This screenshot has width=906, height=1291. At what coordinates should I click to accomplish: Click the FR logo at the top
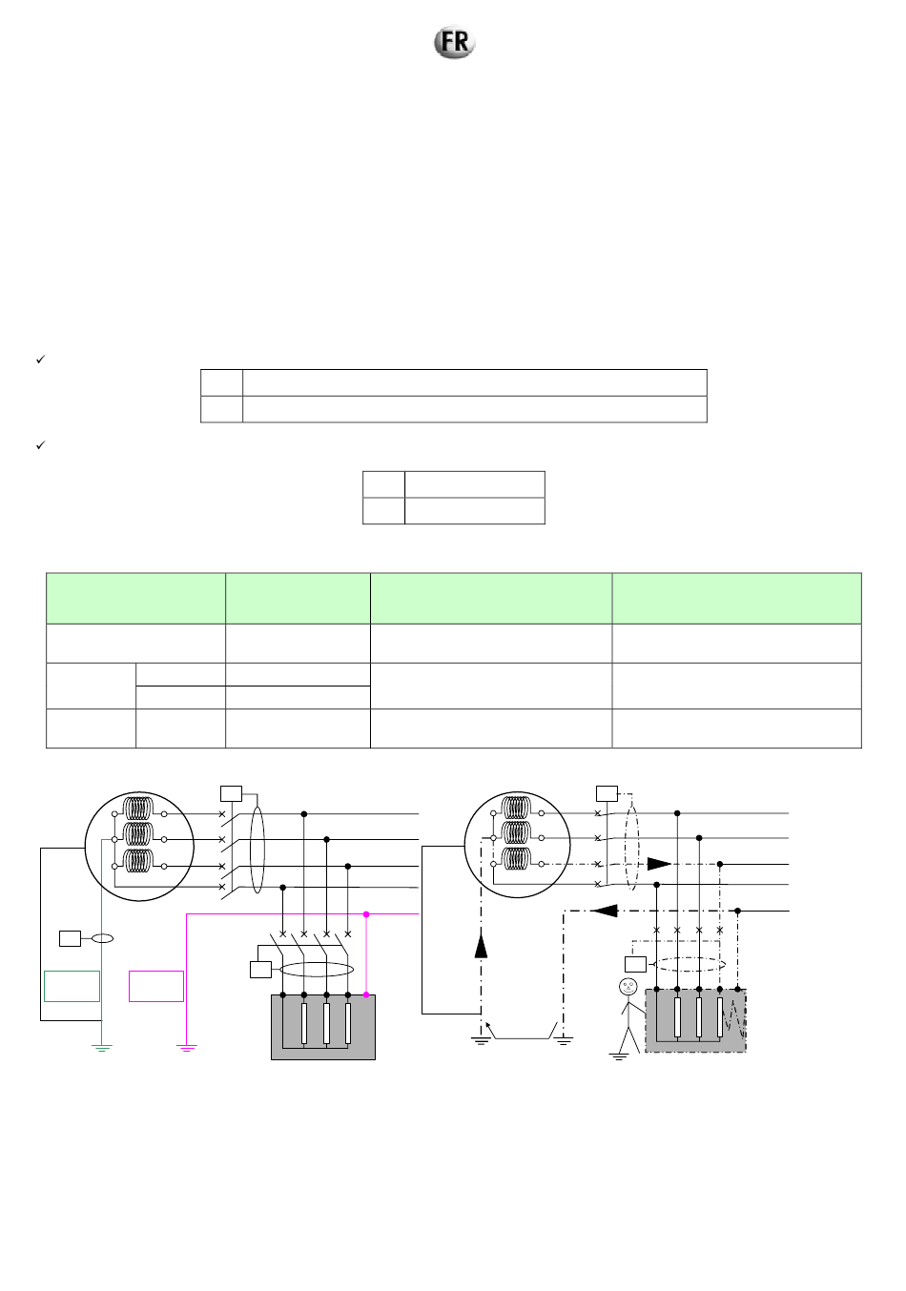(x=454, y=42)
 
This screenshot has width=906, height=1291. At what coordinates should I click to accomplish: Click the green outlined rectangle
(x=72, y=986)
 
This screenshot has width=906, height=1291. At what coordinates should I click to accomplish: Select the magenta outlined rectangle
(x=156, y=986)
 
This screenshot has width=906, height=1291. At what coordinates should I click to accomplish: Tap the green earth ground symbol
(x=101, y=1048)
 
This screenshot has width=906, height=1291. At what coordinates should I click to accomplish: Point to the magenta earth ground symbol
(x=186, y=1048)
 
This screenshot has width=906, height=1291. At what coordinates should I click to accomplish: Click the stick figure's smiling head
(x=628, y=986)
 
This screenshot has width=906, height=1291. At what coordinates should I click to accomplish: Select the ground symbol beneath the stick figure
(x=618, y=1055)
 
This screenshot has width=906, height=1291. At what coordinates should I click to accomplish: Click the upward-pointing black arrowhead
(x=481, y=946)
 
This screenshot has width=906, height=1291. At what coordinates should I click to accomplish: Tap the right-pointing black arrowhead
(x=659, y=864)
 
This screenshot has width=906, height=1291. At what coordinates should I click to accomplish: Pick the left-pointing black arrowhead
(x=605, y=911)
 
